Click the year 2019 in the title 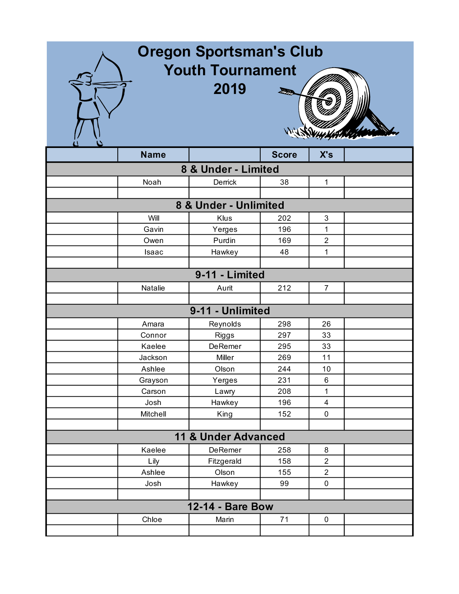[x=230, y=89]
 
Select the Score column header [x=284, y=155]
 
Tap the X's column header [x=326, y=155]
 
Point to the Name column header [x=153, y=155]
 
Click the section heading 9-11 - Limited [x=230, y=275]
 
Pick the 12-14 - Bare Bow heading [x=230, y=507]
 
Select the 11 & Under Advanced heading [x=230, y=437]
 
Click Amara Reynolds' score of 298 [x=284, y=324]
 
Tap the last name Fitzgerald [x=225, y=461]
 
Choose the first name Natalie [x=153, y=288]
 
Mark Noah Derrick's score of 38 [x=284, y=182]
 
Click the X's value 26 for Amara [x=326, y=324]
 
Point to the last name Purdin [x=225, y=240]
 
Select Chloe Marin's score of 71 [x=284, y=519]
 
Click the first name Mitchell [x=153, y=414]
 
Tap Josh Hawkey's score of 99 [x=284, y=483]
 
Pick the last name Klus [x=225, y=218]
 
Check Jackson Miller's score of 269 [x=284, y=357]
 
